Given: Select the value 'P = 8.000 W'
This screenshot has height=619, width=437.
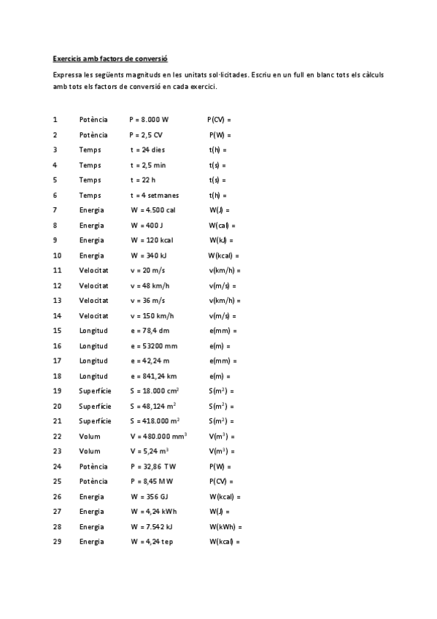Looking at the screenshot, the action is tap(149, 119).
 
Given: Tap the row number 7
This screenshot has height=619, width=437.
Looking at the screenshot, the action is tap(55, 209).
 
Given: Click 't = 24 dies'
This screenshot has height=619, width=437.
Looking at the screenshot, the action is tap(147, 150).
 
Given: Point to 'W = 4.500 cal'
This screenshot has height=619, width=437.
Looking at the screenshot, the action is tap(152, 209).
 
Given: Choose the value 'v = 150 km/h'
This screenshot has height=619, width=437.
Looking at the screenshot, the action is tap(152, 315).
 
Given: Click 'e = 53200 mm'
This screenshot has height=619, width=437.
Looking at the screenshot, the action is tap(153, 346).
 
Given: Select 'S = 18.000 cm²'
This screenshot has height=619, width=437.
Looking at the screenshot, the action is tap(154, 391).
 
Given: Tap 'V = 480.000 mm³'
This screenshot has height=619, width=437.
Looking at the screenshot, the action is tap(158, 436).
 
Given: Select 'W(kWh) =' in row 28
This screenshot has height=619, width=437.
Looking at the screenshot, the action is tap(225, 526).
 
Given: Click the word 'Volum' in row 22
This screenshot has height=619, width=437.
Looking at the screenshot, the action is tap(90, 436).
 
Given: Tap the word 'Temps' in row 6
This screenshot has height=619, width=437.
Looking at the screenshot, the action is tap(90, 195).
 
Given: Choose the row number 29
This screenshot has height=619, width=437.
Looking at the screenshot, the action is tap(57, 542).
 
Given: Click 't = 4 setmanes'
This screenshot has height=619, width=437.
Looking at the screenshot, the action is tap(154, 195).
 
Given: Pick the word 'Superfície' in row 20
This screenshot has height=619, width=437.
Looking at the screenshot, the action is tap(95, 406).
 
